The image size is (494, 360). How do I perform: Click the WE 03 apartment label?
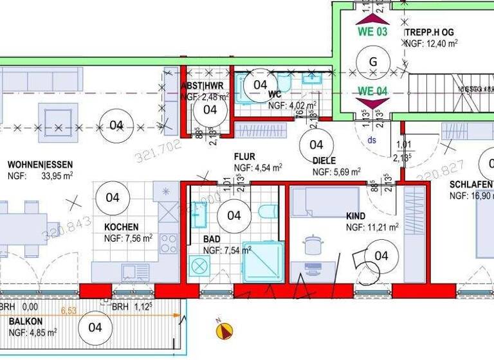pos(372,32)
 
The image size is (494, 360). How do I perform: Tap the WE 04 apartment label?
pos(372,91)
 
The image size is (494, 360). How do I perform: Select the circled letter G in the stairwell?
pos(372,62)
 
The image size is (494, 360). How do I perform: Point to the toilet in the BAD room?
pos(266,212)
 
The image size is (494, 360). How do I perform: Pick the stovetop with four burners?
pos(169,243)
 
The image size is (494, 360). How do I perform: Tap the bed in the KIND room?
pos(325,203)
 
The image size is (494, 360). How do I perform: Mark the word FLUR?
pos(246,156)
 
